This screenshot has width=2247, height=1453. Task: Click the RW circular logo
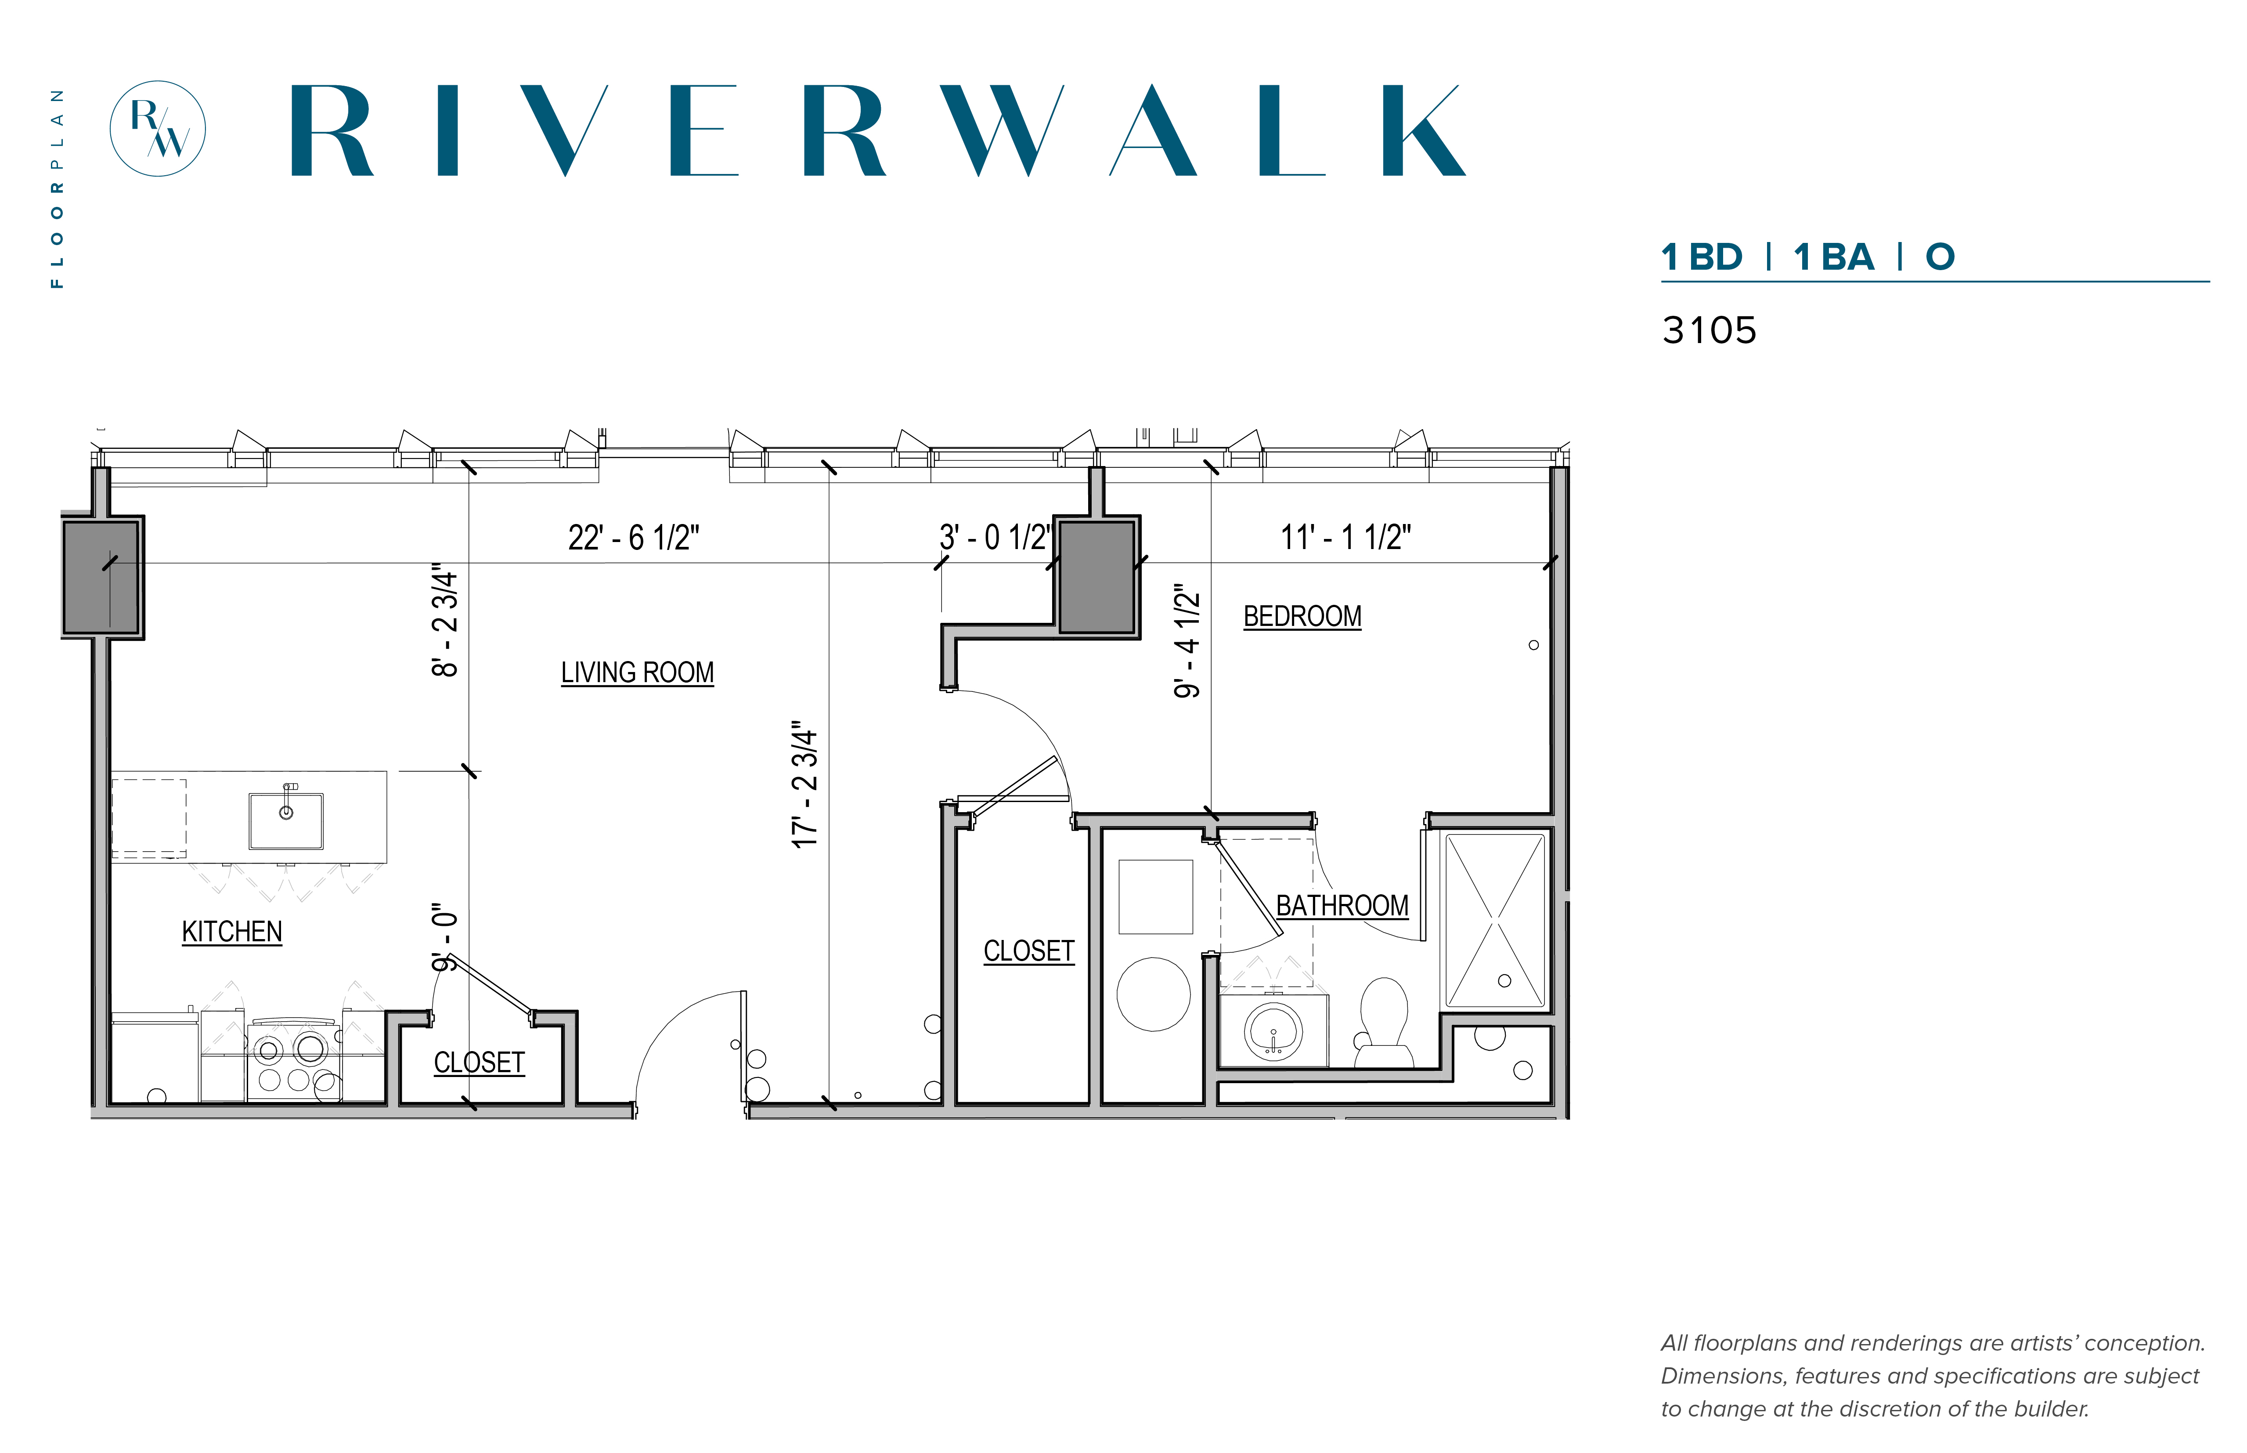pyautogui.click(x=158, y=128)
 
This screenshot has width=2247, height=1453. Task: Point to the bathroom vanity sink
pyautogui.click(x=1273, y=1031)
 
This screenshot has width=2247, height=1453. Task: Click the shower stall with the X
pyautogui.click(x=1495, y=920)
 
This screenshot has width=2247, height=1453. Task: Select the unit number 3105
pyautogui.click(x=1708, y=330)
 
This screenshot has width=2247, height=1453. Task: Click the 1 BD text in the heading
pyautogui.click(x=1701, y=257)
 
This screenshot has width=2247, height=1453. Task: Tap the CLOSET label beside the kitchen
pyautogui.click(x=479, y=1063)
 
